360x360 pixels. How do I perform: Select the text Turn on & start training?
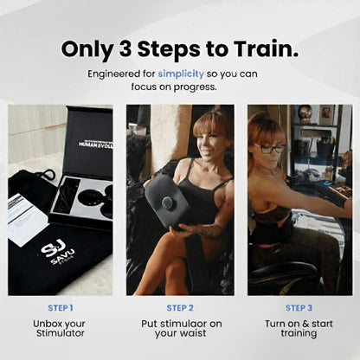[299, 329]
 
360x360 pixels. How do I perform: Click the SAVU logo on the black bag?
[59, 252]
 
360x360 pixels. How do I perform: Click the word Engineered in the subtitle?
[116, 73]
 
